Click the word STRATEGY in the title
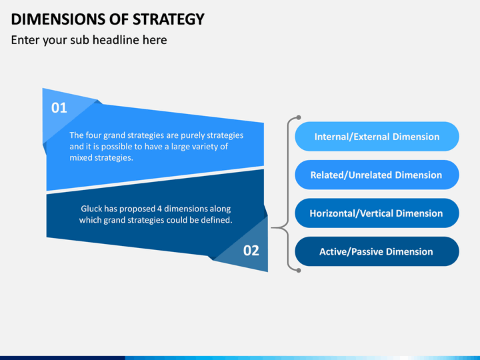tap(169, 19)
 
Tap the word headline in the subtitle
tap(116, 40)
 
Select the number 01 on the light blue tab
tap(59, 108)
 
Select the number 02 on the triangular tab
tap(251, 251)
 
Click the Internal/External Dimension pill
tap(377, 137)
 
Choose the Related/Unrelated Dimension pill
tap(377, 175)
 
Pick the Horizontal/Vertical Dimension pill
tap(377, 213)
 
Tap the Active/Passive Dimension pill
tap(377, 251)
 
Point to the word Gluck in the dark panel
tap(91, 209)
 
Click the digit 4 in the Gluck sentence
tap(159, 209)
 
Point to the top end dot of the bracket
tap(299, 117)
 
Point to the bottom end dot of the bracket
tap(299, 270)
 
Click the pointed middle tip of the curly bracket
tap(272, 228)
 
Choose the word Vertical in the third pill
tap(374, 213)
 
